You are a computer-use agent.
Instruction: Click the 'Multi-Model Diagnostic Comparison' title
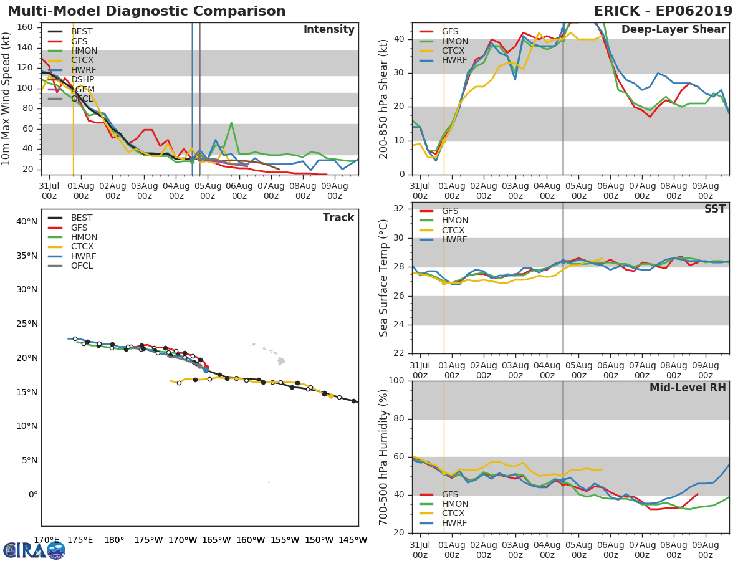point(146,11)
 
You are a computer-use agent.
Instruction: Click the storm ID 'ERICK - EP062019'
point(663,11)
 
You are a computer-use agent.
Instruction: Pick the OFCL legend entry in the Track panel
point(82,266)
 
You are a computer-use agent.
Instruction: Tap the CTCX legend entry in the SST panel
point(454,230)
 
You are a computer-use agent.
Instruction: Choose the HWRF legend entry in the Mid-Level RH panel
point(454,523)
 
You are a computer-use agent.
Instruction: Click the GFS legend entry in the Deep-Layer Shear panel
point(449,31)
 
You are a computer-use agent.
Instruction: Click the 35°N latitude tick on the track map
point(27,256)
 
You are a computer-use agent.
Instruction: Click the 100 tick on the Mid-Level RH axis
point(395,381)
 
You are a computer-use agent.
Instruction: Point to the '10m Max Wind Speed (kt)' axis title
point(7,98)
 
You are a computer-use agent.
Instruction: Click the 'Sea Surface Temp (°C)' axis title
point(385,278)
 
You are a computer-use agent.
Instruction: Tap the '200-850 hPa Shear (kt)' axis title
point(385,98)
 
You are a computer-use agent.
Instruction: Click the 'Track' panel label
point(338,218)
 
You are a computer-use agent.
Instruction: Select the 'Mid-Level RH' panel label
point(688,388)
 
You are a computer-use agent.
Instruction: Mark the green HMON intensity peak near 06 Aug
point(231,123)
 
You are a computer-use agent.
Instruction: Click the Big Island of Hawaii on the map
point(281,361)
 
